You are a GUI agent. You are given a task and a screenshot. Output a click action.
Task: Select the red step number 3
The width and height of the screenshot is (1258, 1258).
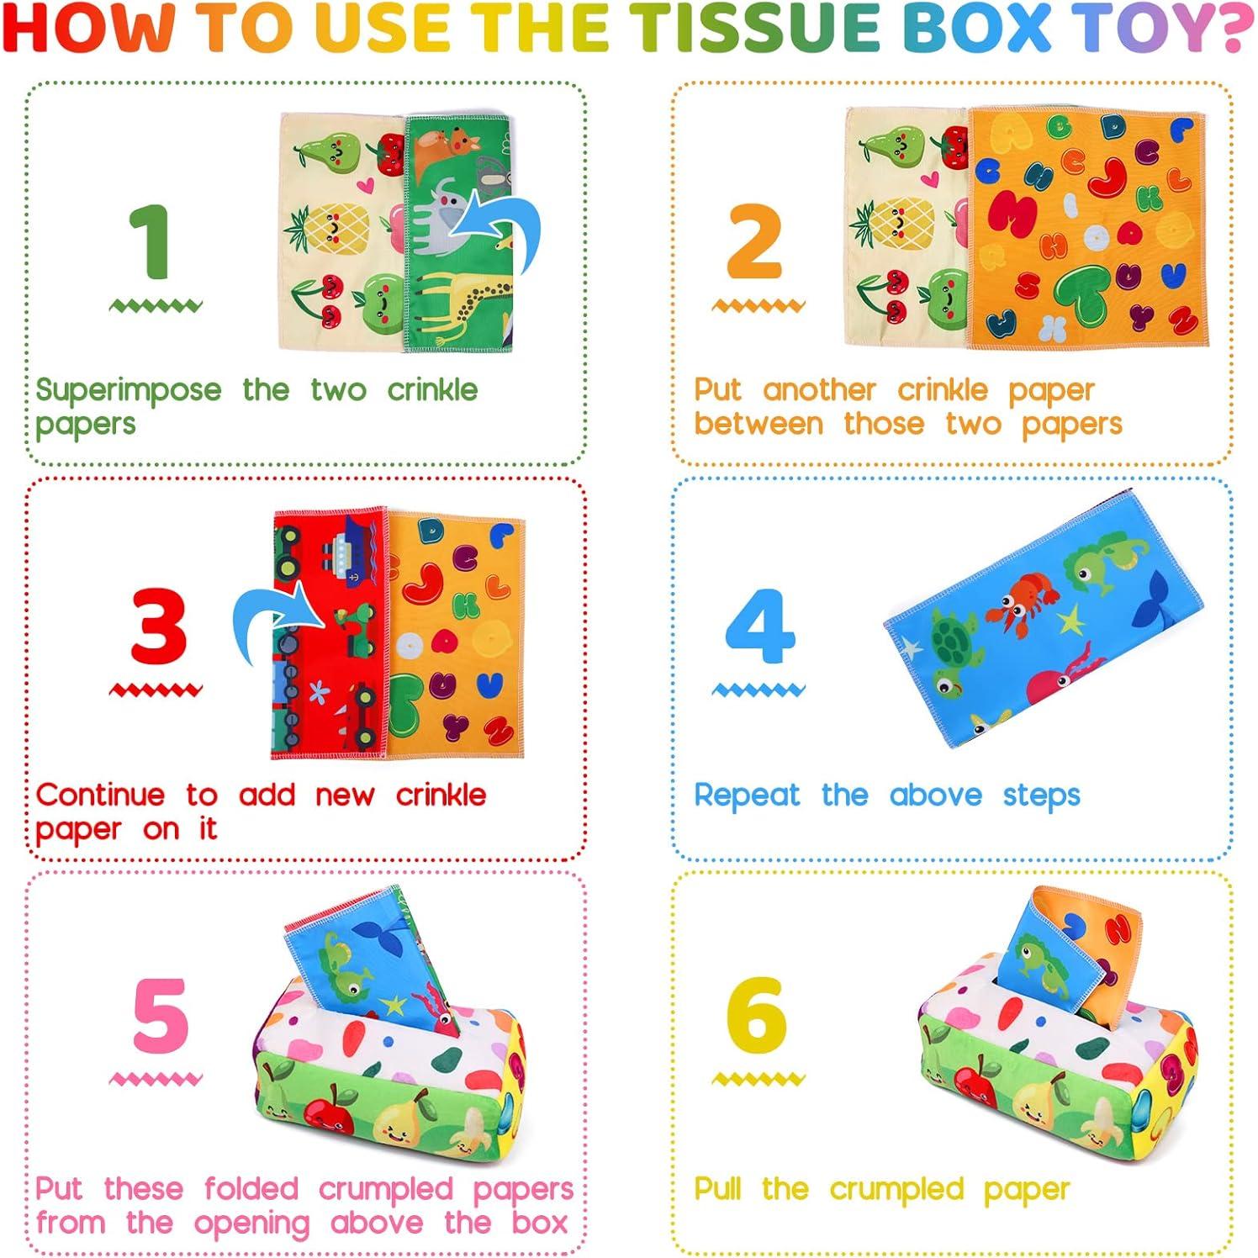(158, 626)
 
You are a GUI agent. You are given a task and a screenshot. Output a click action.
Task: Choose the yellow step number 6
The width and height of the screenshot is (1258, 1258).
(757, 1015)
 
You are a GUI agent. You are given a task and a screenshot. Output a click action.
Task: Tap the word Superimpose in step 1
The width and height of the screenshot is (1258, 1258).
(129, 391)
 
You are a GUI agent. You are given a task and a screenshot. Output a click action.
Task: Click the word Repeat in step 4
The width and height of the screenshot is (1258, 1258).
(747, 795)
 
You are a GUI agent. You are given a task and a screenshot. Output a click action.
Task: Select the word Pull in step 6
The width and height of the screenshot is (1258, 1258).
(717, 1189)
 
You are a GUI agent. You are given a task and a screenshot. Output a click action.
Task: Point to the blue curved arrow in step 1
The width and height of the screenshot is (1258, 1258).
(501, 227)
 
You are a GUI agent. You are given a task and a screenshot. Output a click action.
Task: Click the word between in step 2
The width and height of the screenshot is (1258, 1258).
(758, 425)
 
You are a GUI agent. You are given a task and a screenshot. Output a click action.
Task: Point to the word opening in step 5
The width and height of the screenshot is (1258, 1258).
(251, 1224)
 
